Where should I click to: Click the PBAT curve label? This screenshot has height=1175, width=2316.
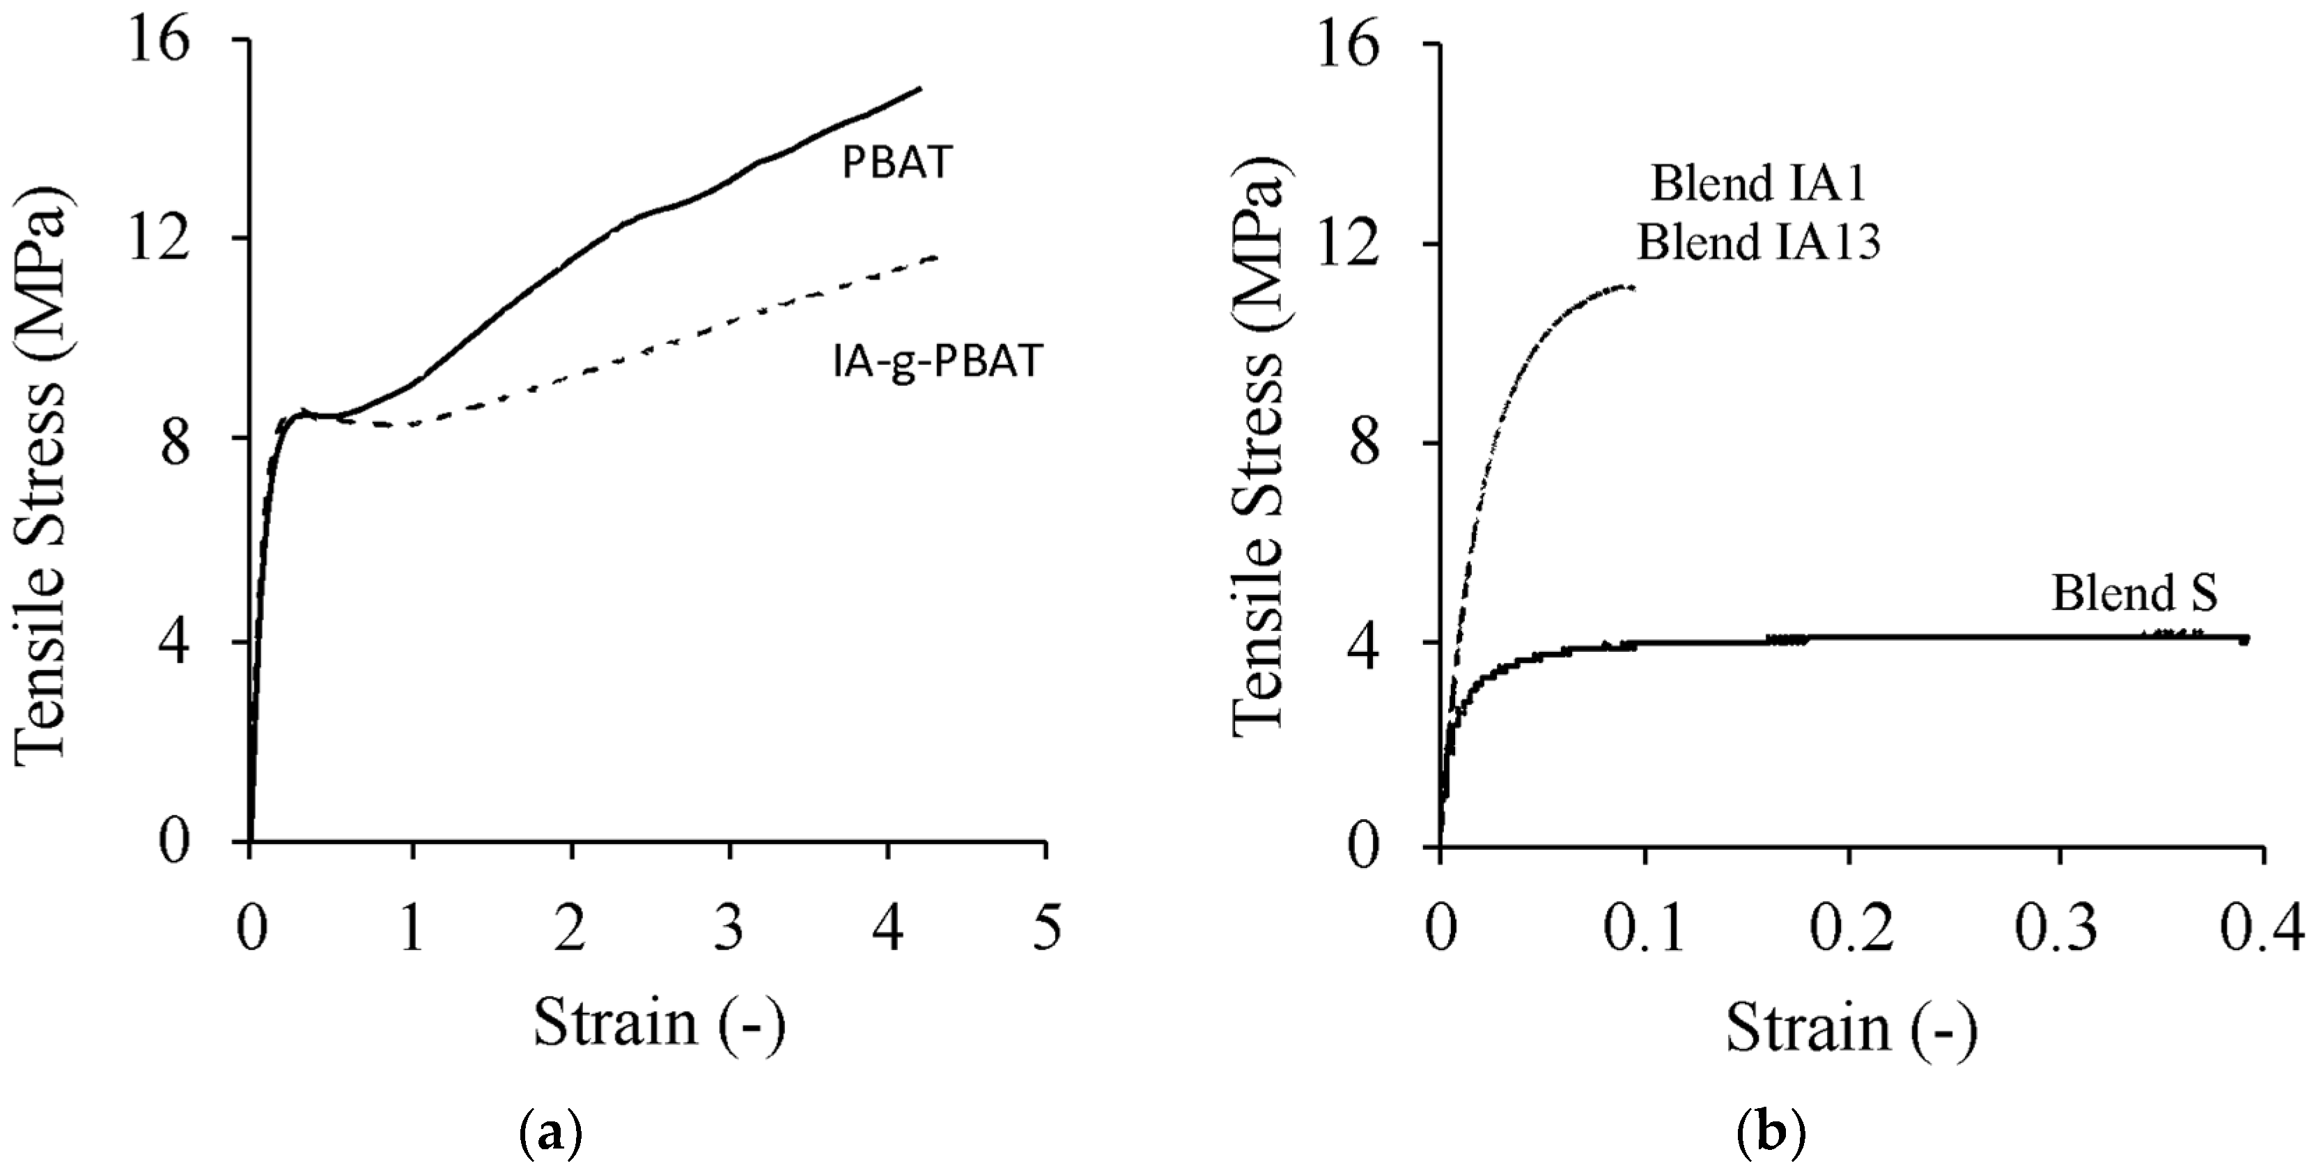(896, 164)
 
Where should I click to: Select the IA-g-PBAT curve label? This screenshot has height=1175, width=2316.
(935, 361)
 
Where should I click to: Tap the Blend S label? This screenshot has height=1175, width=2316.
(2134, 593)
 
